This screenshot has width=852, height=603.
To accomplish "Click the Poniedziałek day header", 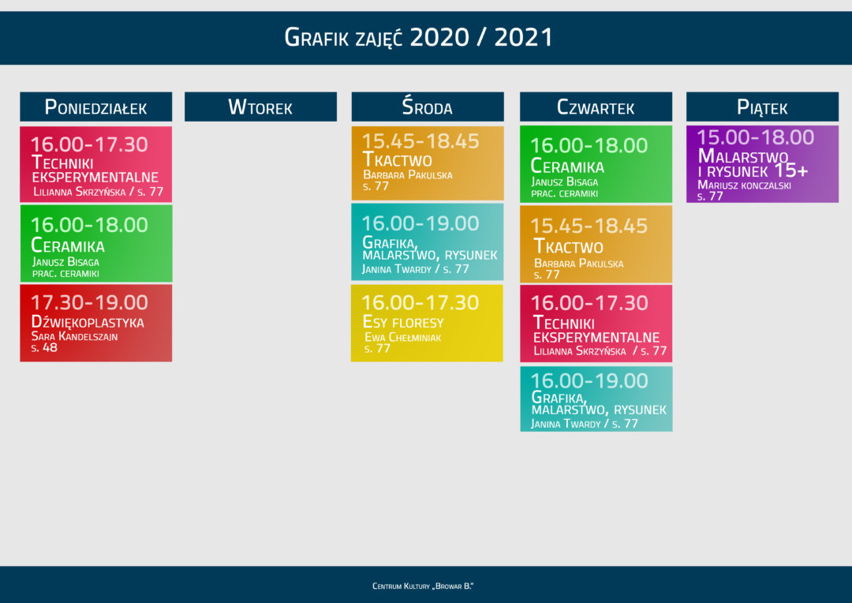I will [95, 107].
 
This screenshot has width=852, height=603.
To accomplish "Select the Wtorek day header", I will [260, 107].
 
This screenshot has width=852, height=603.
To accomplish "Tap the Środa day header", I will [427, 107].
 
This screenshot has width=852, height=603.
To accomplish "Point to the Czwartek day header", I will [596, 107].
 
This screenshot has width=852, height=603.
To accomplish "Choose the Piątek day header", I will [762, 107].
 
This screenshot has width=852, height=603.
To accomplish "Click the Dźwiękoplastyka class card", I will [95, 323].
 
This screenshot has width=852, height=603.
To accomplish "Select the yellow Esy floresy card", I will [427, 323].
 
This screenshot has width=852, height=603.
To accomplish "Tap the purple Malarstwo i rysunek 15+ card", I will [762, 163].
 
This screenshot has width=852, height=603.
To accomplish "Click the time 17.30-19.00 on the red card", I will [89, 302].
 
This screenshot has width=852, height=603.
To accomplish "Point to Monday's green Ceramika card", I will [95, 243].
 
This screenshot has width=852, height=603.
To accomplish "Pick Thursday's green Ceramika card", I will [596, 163].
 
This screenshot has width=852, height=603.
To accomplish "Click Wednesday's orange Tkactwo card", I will [427, 163].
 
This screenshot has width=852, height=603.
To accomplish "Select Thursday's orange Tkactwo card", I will [596, 243].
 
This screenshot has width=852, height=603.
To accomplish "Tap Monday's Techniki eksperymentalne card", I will [95, 163].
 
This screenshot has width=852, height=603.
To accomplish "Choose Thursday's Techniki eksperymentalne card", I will [596, 323].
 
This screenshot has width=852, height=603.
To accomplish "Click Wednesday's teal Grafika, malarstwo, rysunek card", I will [427, 242].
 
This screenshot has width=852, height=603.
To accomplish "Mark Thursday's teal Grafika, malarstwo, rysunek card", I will [596, 399].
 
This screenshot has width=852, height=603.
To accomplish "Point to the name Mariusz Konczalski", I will [744, 185].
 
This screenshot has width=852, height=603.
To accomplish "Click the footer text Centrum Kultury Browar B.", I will [423, 586].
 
